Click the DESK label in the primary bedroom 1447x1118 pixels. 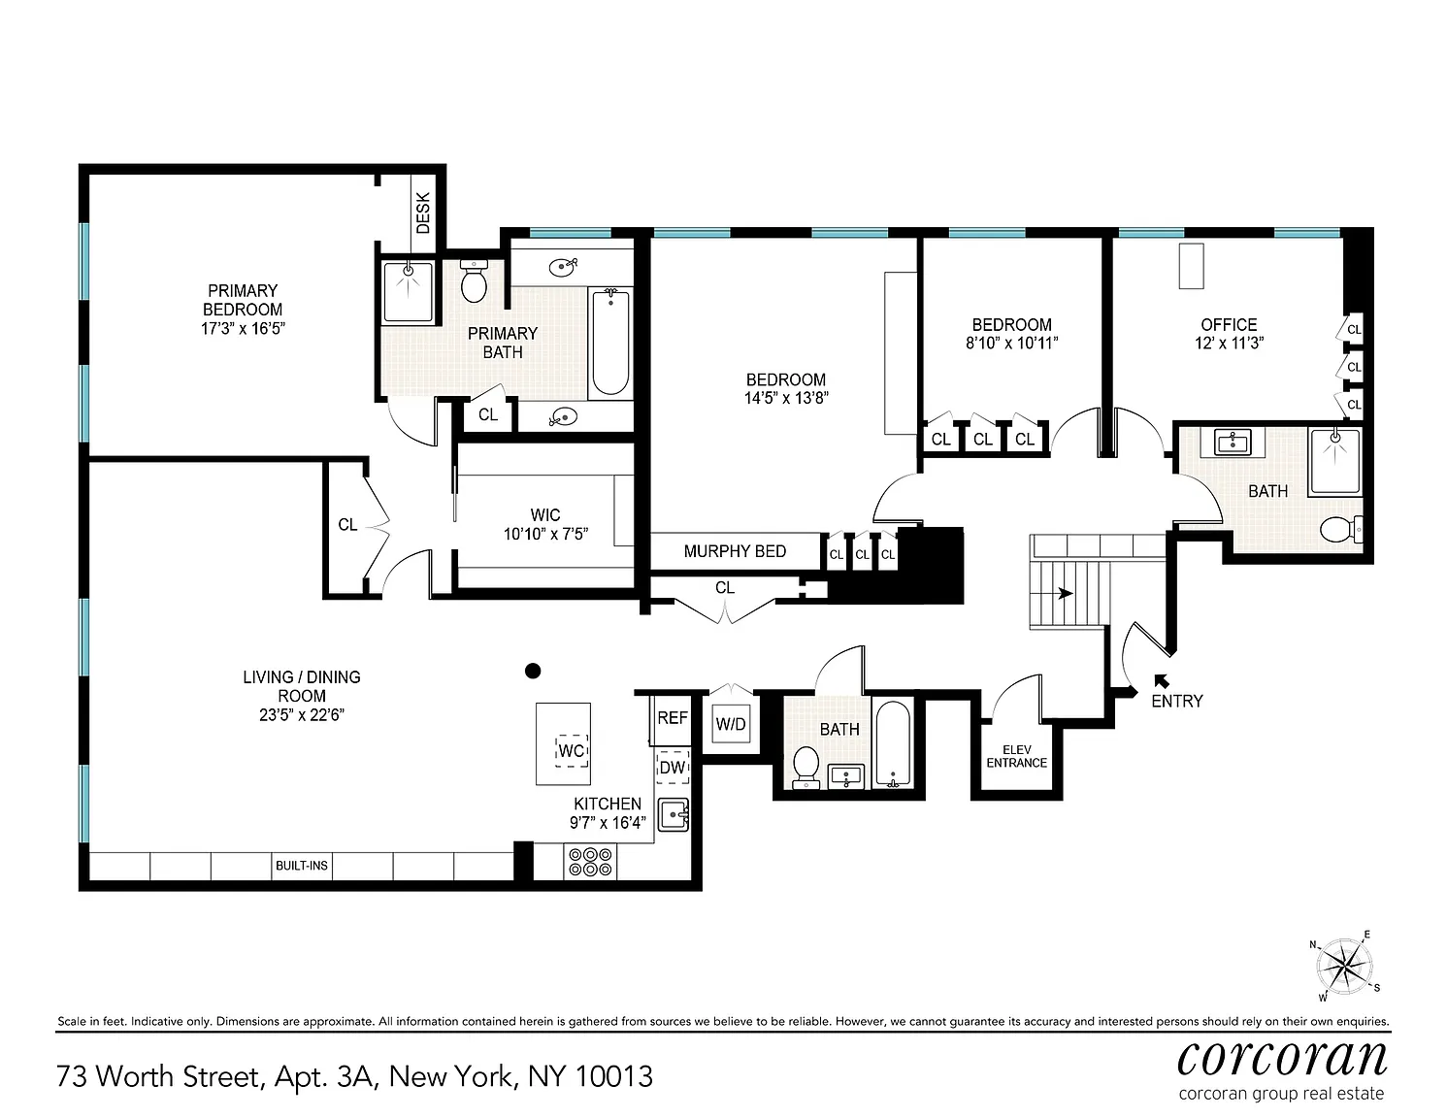[423, 214]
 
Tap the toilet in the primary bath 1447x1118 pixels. [475, 280]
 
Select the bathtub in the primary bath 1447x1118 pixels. [610, 343]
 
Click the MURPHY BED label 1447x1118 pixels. [735, 551]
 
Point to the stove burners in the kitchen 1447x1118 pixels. [590, 861]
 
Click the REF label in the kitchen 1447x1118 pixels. [673, 718]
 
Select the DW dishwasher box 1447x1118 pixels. [673, 767]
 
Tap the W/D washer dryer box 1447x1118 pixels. [731, 725]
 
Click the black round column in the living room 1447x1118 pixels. [533, 671]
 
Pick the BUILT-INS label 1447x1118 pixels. [302, 866]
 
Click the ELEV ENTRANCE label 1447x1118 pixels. [1017, 756]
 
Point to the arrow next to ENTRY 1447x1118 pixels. [1162, 681]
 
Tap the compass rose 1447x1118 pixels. [1344, 966]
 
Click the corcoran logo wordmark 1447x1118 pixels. [1282, 1059]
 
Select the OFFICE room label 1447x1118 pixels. [1230, 325]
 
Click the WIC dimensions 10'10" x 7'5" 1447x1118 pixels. [545, 534]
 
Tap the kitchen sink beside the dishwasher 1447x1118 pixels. [674, 814]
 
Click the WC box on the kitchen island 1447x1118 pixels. [572, 750]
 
